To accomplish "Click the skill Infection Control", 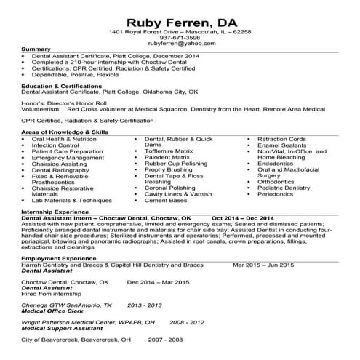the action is pyautogui.click(x=55, y=145).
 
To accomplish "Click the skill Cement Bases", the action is pyautogui.click(x=166, y=200).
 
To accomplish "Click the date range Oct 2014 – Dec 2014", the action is pyautogui.click(x=243, y=217).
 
